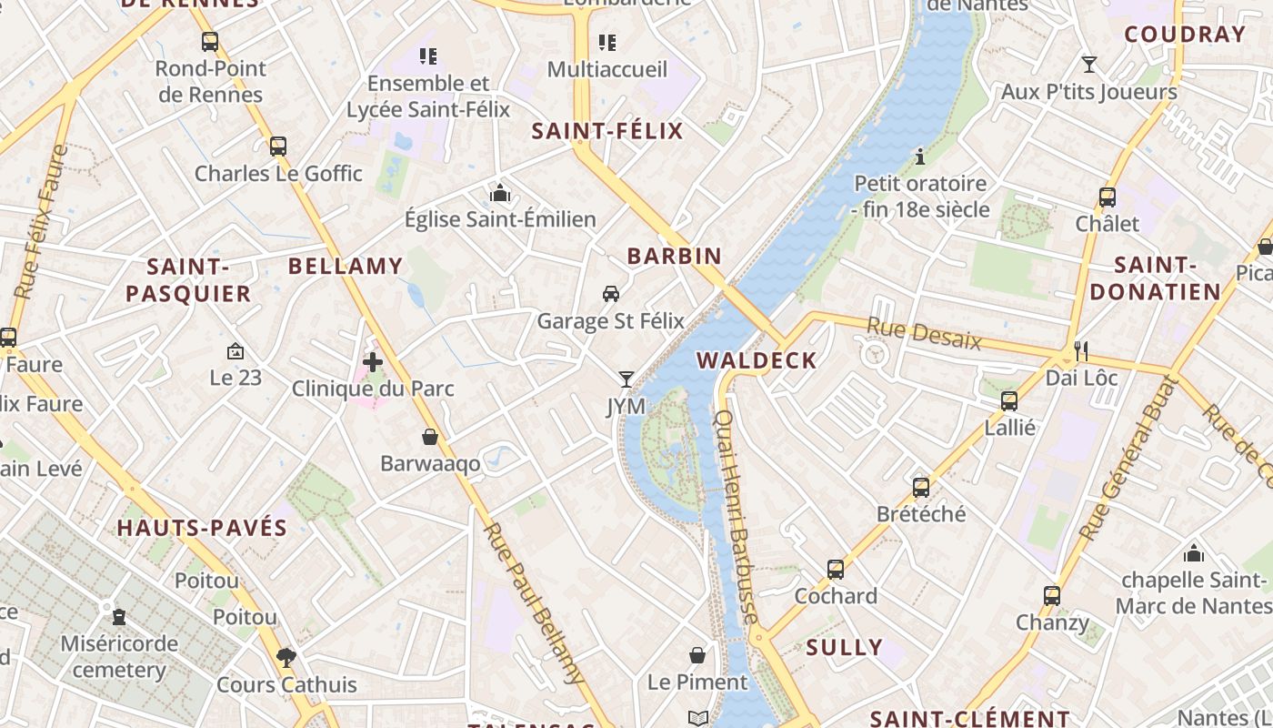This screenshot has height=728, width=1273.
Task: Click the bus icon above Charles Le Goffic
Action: [x=278, y=146]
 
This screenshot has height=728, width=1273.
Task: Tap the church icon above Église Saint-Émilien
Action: [x=500, y=192]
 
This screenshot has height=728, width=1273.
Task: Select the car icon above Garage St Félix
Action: [x=611, y=293]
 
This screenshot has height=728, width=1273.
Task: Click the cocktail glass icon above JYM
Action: [x=626, y=379]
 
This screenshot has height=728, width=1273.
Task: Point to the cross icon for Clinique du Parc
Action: [x=372, y=361]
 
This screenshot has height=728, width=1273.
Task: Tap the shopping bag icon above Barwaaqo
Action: [x=430, y=437]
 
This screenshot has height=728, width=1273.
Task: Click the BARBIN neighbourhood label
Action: [x=674, y=257]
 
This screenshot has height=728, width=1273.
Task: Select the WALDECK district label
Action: [x=757, y=360]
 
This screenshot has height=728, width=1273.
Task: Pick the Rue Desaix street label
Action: [x=924, y=333]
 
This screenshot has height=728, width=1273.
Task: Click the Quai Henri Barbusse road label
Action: [x=737, y=516]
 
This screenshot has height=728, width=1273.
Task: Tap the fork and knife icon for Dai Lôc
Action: [x=1081, y=349]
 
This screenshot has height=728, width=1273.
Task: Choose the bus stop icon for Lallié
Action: [x=1009, y=400]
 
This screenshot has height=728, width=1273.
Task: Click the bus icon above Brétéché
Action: [x=921, y=487]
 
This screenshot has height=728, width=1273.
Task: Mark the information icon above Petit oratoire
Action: [x=920, y=157]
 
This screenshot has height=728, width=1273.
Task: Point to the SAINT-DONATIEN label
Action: [x=1155, y=278]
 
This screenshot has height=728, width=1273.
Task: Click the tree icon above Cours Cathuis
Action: [x=286, y=656]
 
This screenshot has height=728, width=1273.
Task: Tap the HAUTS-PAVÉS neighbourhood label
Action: [x=202, y=528]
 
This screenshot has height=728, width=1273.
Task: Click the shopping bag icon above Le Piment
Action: [x=697, y=655]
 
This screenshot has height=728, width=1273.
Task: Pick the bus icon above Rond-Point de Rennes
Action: [x=210, y=42]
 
